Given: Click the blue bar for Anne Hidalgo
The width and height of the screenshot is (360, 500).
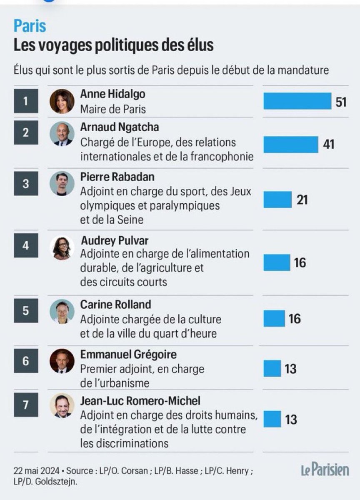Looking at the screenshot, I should [x=297, y=101].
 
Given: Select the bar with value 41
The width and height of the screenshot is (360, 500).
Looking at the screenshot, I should [x=291, y=144].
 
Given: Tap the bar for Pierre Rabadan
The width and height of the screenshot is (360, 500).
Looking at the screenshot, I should [x=277, y=200].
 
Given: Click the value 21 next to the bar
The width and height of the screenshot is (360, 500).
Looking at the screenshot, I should [x=302, y=200].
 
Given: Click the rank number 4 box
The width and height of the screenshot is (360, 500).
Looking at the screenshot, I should [x=26, y=245].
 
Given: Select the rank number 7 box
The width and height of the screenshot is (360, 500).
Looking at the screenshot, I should [x=26, y=405].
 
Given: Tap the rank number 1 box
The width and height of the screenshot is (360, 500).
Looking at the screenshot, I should [x=26, y=101].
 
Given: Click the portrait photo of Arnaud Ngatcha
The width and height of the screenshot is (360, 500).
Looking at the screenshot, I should [x=62, y=134].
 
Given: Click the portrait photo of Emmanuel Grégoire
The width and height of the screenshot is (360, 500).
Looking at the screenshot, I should [x=62, y=361].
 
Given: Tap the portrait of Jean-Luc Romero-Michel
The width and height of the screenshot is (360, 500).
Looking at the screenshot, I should [x=62, y=405].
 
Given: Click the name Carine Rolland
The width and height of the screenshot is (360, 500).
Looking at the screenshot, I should [x=115, y=305].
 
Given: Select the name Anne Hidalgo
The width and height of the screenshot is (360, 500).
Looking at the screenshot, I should [x=112, y=95].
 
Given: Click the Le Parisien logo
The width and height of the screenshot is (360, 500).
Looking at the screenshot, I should [x=325, y=470].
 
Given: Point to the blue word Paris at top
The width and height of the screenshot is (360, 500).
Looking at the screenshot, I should [x=30, y=26].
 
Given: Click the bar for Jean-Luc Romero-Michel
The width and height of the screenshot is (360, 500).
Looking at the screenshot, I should [x=272, y=419].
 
